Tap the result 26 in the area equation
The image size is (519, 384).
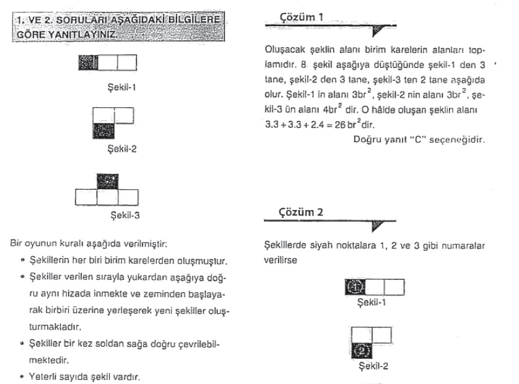tap(335, 124)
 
